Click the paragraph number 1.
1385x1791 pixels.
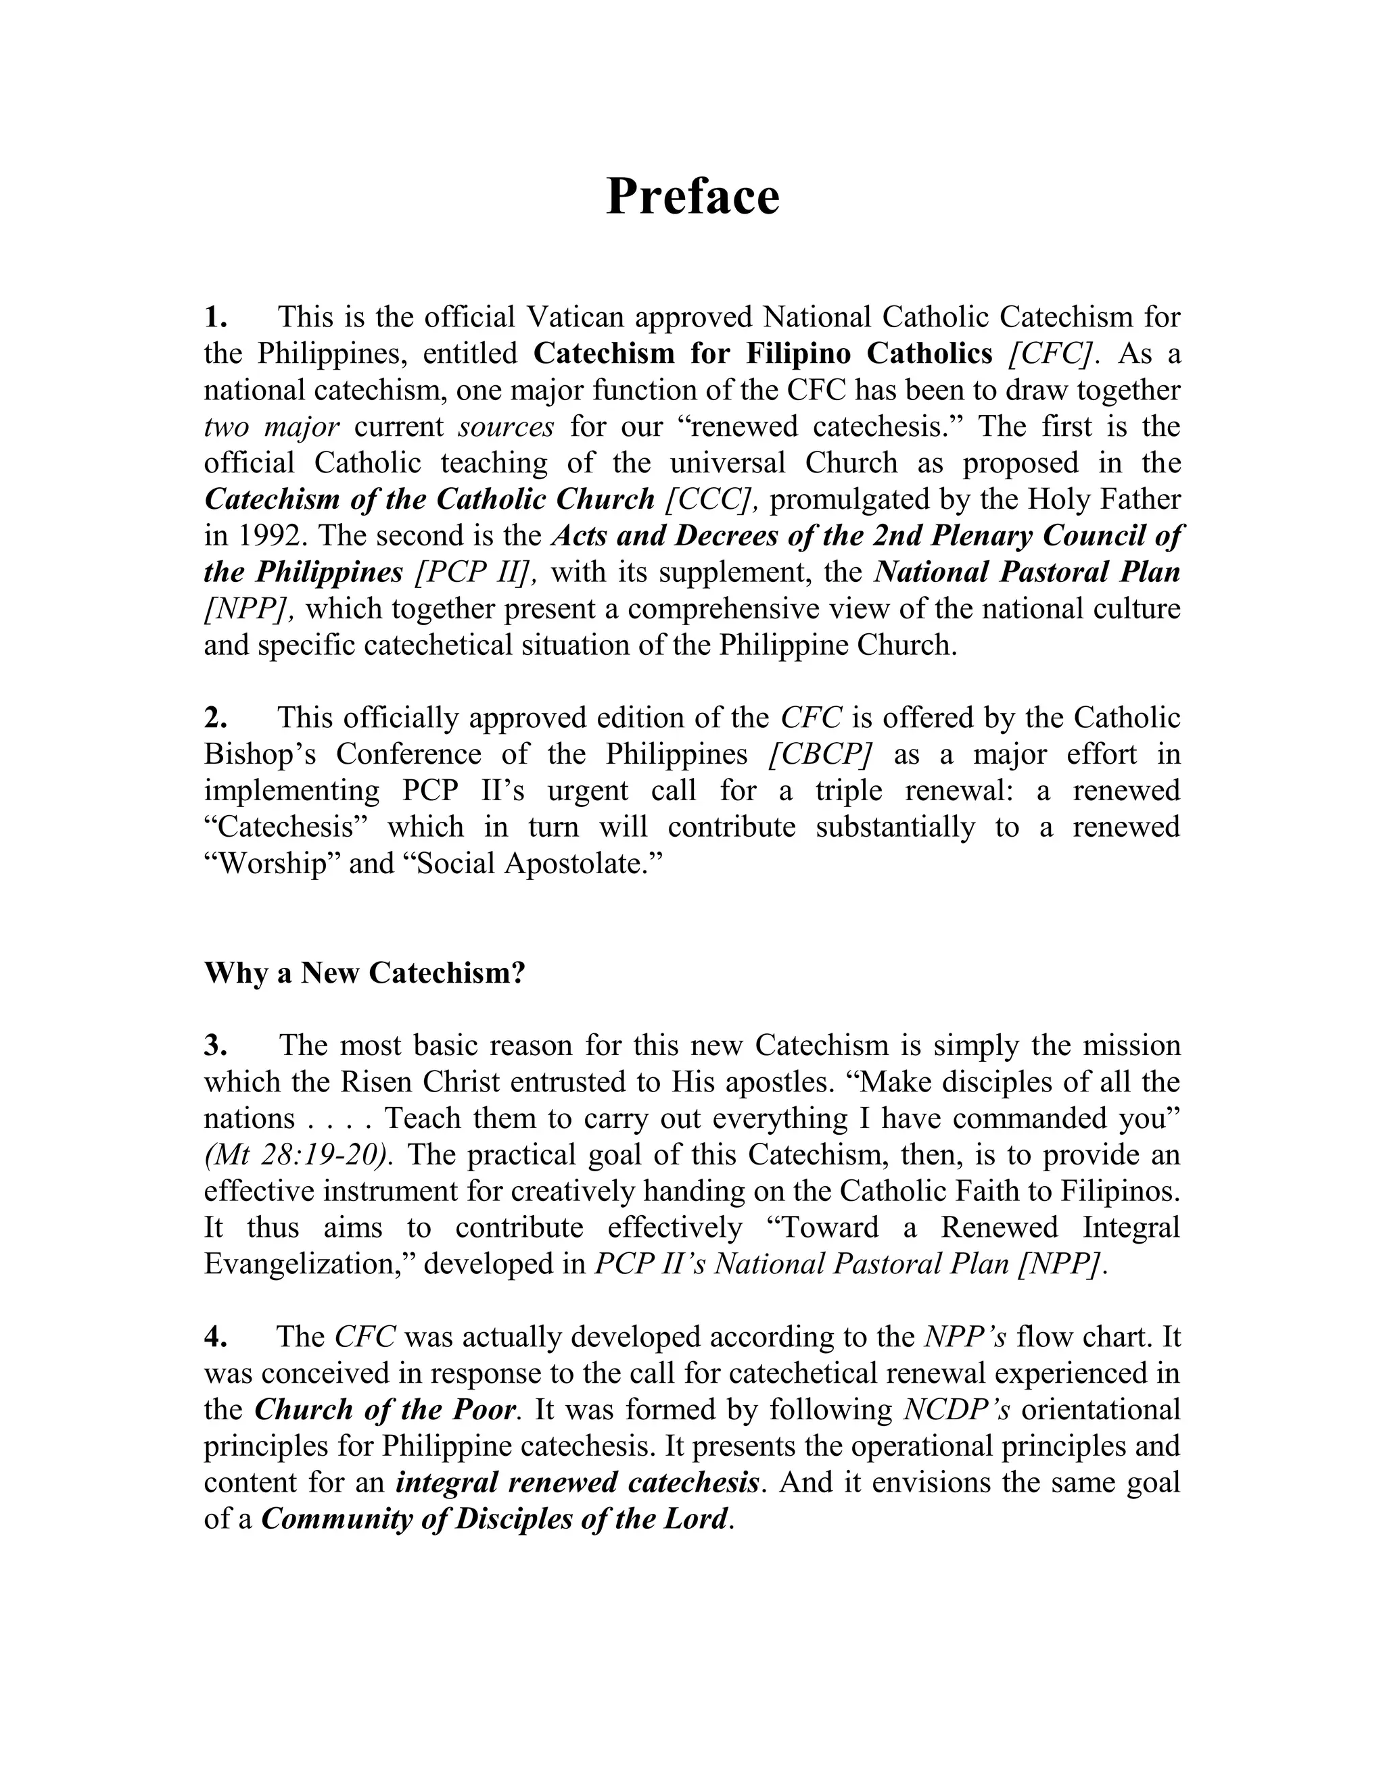tap(215, 316)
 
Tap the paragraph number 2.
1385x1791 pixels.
tap(215, 718)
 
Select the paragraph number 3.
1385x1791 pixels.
tap(215, 1046)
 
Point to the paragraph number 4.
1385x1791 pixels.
tap(215, 1337)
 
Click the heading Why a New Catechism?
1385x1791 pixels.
tap(365, 973)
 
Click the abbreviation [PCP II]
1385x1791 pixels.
tap(476, 572)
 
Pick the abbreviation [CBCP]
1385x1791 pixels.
tap(819, 754)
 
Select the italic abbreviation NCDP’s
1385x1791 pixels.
tap(956, 1410)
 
